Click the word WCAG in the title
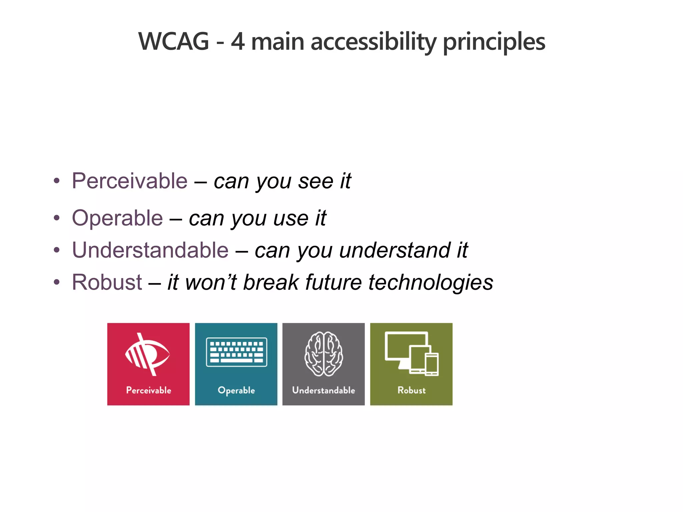pos(174,42)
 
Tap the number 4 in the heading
pos(237,42)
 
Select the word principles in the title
pos(494,42)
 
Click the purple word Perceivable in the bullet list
pos(130,181)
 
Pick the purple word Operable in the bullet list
pos(117,218)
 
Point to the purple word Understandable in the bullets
pos(150,250)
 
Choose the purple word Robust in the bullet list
pos(107,282)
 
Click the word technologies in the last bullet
pos(431,282)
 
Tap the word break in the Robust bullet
pos(271,282)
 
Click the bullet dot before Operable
pos(57,218)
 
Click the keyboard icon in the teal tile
pos(236,352)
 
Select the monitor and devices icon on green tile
pos(412,354)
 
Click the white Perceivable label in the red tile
pos(148,390)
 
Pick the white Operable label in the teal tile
pos(236,390)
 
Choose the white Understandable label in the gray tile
pos(323,390)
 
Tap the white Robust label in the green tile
pos(412,390)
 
